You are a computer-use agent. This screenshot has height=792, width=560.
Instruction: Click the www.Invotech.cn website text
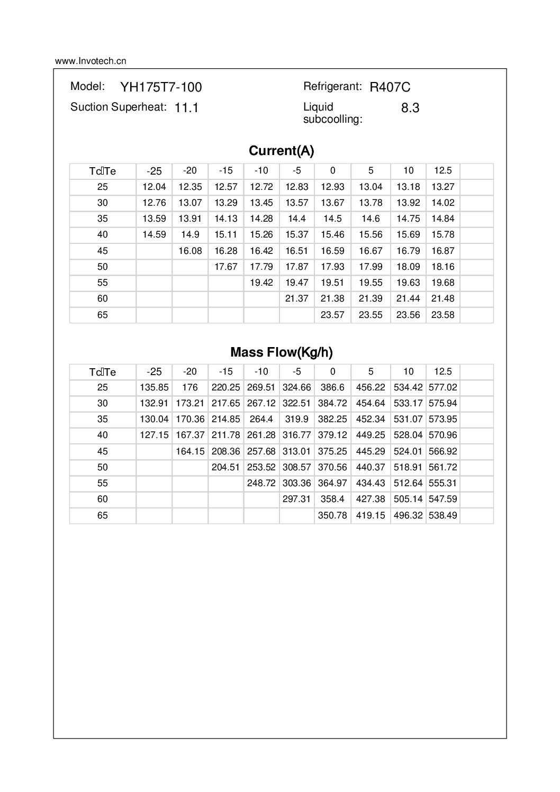click(91, 61)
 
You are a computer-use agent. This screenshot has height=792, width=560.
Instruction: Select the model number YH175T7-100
click(161, 87)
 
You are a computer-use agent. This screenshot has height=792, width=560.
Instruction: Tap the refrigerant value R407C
click(390, 87)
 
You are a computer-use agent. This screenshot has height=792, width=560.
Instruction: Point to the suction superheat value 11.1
click(186, 108)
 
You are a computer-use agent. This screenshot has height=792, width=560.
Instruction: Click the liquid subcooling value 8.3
click(410, 108)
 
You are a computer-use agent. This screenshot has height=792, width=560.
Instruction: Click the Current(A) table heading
click(281, 151)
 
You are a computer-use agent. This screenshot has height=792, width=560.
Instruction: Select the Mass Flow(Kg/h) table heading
click(281, 352)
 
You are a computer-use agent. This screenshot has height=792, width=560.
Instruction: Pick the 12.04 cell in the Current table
click(154, 187)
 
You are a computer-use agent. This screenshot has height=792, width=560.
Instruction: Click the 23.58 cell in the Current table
click(442, 315)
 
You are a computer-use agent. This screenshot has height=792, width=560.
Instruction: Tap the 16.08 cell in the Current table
click(190, 251)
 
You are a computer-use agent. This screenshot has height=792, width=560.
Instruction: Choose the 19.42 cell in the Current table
click(261, 283)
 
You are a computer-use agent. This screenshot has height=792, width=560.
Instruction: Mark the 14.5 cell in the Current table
click(332, 219)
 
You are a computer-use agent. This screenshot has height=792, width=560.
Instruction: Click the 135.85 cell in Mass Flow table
click(154, 387)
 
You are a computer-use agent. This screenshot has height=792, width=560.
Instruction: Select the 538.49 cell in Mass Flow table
click(442, 515)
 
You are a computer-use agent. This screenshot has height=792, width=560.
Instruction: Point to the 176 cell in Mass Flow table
click(190, 387)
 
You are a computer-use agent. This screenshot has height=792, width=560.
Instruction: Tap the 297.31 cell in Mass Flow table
click(296, 499)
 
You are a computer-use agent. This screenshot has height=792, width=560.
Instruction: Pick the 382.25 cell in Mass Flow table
click(332, 419)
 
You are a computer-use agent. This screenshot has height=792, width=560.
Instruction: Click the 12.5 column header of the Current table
click(442, 170)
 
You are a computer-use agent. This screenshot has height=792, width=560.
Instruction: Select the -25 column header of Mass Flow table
click(154, 371)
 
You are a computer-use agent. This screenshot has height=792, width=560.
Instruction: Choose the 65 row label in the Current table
click(102, 315)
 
